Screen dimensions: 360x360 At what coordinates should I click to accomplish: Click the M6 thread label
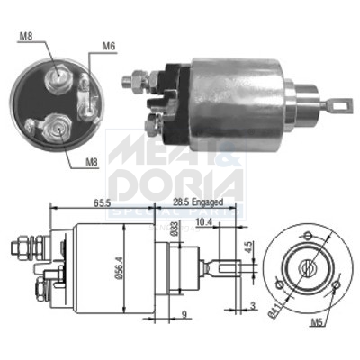(109, 46)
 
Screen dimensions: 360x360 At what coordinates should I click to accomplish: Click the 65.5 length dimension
(100, 204)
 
